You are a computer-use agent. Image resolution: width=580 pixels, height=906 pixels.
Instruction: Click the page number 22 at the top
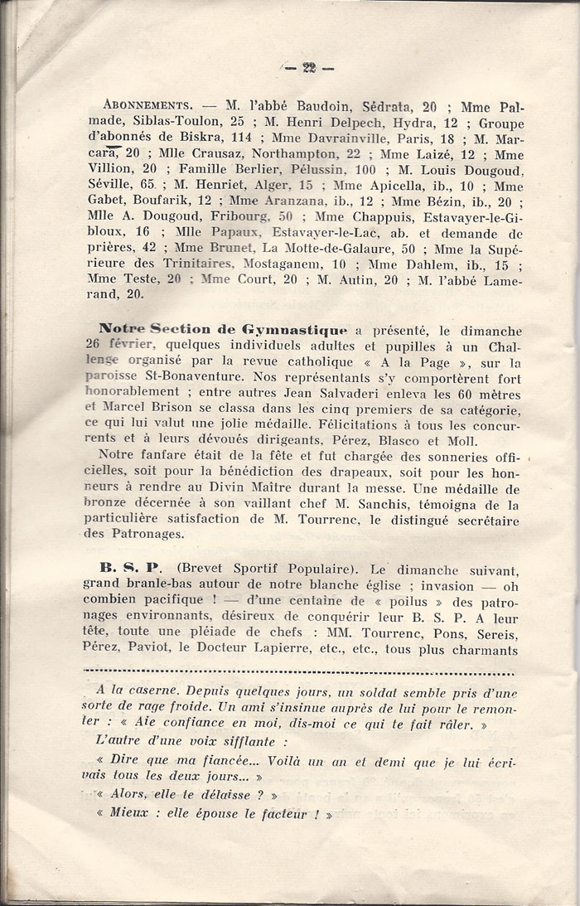[311, 68]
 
